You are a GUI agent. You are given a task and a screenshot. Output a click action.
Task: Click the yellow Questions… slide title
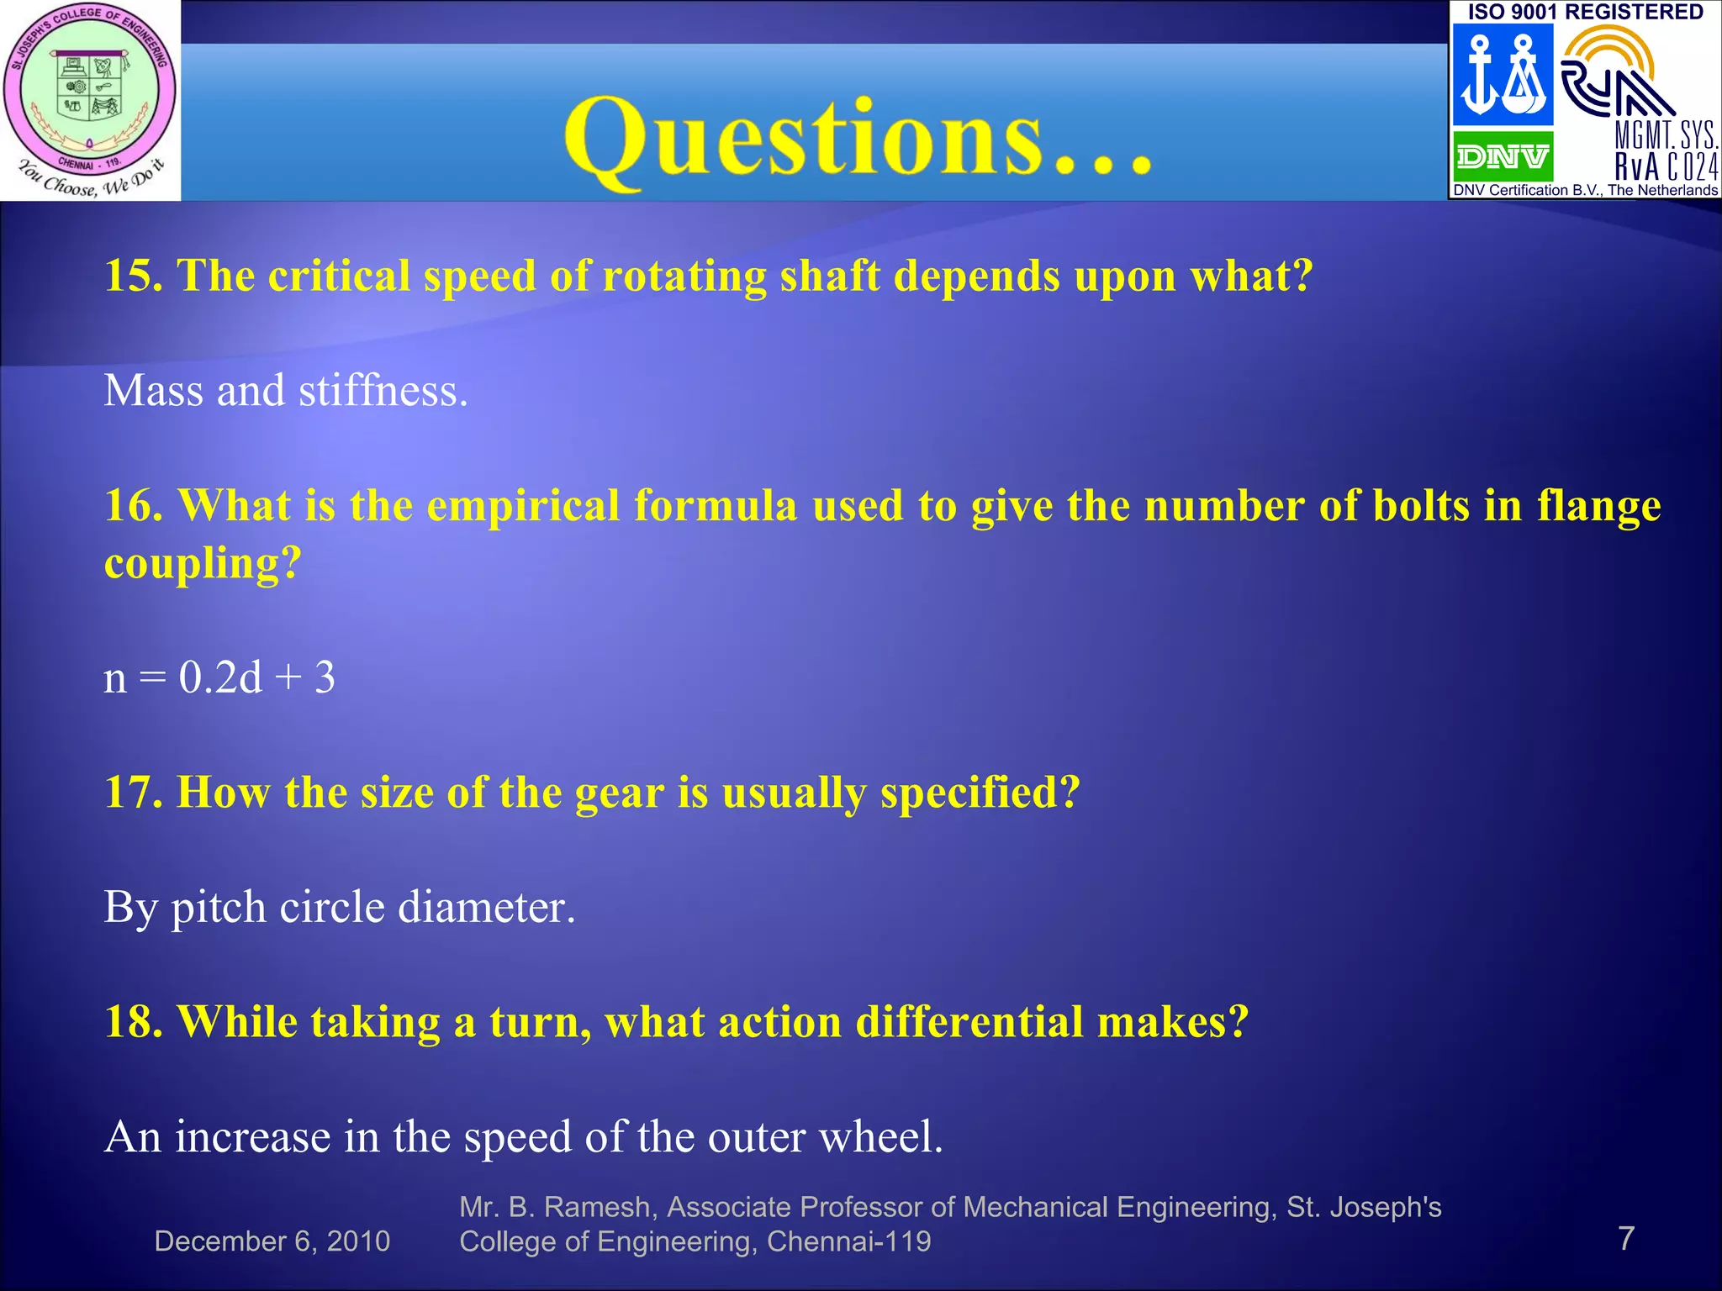coord(858,139)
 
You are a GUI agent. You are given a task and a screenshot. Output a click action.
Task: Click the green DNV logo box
coord(1503,156)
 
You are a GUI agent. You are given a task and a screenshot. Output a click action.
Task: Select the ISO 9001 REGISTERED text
coord(1585,12)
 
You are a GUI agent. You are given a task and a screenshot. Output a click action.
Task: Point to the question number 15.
coord(133,276)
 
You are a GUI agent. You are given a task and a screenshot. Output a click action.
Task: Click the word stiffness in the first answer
coord(383,391)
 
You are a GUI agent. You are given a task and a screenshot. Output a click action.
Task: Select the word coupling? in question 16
coord(203,563)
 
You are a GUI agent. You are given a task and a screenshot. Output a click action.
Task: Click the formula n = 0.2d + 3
coord(219,677)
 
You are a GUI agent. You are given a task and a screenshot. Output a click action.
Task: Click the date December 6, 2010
coord(272,1241)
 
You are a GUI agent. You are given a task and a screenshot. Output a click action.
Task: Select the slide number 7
coord(1626,1238)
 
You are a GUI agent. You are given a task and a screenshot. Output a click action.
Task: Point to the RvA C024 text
coord(1666,166)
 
